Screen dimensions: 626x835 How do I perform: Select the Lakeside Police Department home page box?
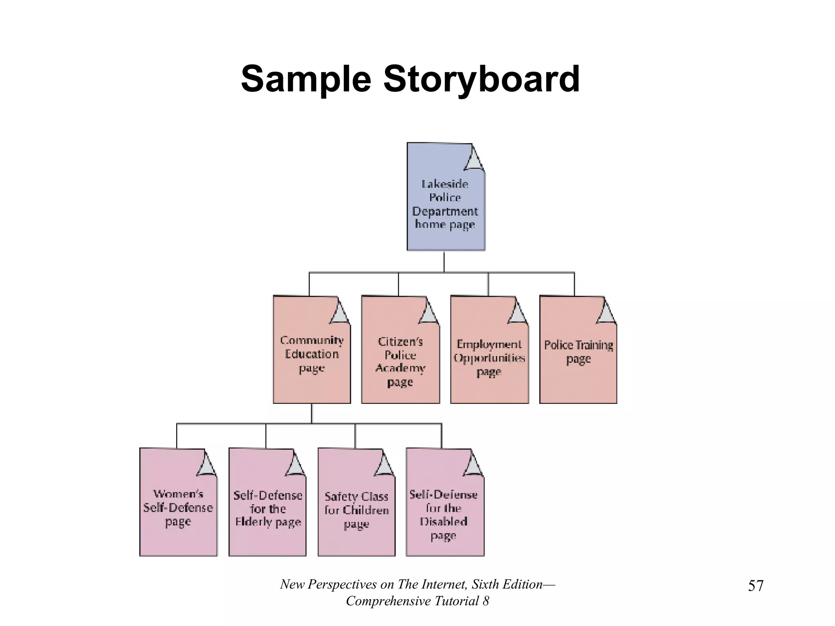tap(445, 204)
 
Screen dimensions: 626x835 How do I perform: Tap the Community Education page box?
tap(311, 355)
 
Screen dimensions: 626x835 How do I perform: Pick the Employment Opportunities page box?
tap(489, 358)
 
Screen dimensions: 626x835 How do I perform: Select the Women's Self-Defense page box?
tap(178, 507)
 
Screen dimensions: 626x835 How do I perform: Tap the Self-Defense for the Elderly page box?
tap(267, 509)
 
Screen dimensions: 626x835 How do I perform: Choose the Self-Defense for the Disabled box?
tap(444, 514)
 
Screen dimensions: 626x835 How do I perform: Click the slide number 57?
tap(755, 586)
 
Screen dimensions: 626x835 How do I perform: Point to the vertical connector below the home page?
tap(444, 261)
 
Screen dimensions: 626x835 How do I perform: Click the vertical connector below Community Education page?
tap(311, 414)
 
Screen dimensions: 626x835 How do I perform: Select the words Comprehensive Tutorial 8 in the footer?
tap(417, 601)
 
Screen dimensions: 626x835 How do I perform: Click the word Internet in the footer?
tap(444, 584)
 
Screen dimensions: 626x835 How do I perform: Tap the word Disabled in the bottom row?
tap(444, 522)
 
